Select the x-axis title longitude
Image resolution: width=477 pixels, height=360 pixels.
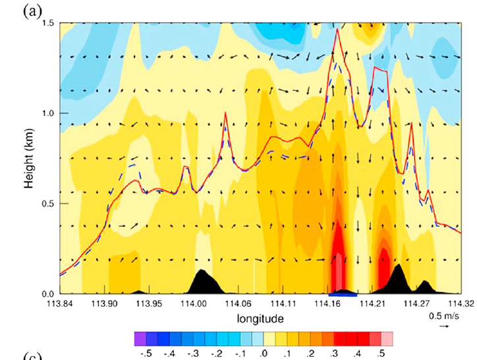coord(262,319)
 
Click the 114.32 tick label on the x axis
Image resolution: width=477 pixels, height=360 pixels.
coord(461,305)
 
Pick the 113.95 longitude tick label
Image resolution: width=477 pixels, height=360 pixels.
coord(149,305)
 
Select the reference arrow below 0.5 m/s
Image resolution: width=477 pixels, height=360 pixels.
coord(445,326)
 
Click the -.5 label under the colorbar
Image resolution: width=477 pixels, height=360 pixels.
coord(146,353)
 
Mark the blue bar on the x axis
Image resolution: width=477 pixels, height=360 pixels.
coord(343,292)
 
